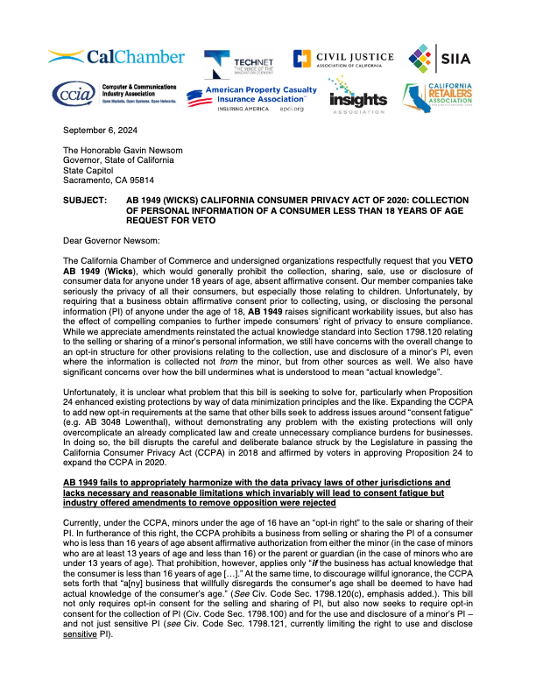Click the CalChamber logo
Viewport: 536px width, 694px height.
pyautogui.click(x=116, y=57)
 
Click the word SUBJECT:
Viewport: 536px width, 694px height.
pyautogui.click(x=86, y=199)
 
